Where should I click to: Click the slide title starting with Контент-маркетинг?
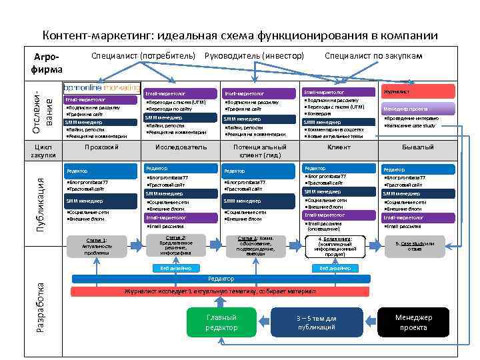click(240, 35)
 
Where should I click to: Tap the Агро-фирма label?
click(46, 63)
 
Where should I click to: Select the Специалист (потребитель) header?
click(143, 55)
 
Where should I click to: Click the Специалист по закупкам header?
click(373, 55)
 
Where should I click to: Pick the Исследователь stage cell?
click(181, 147)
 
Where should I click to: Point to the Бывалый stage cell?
click(418, 147)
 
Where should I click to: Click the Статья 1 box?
click(97, 246)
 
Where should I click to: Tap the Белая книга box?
click(339, 246)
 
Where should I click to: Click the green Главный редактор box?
click(221, 322)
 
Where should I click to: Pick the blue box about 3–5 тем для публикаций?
click(316, 322)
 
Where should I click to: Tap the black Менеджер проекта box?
click(413, 322)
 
